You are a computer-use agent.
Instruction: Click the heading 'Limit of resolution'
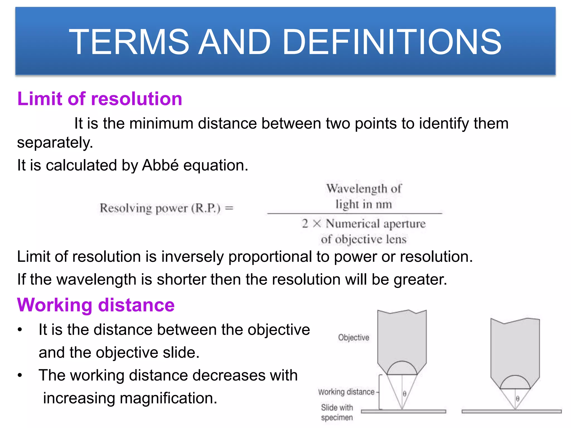(x=100, y=99)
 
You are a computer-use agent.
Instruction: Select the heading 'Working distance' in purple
(x=96, y=305)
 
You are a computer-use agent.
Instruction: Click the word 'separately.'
(x=55, y=143)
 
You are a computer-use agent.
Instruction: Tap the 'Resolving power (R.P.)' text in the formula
(x=160, y=208)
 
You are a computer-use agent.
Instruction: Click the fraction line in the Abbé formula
(x=354, y=213)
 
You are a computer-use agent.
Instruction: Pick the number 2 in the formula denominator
(x=305, y=223)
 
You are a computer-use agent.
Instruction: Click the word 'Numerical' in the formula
(x=353, y=223)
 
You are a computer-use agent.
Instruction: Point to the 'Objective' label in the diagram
(x=354, y=337)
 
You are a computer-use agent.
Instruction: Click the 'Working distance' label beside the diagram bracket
(x=346, y=392)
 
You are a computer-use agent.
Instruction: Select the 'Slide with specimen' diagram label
(x=337, y=412)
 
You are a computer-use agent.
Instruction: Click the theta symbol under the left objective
(x=405, y=394)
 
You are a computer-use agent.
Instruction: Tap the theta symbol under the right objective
(x=517, y=398)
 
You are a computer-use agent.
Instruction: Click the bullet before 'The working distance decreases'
(x=20, y=375)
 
